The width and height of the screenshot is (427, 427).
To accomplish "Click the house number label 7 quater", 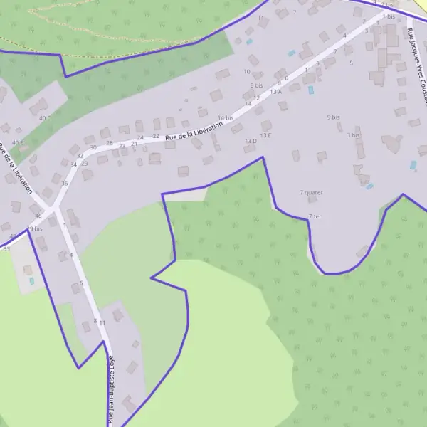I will click(311, 192).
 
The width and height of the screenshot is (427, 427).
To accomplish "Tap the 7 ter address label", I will click(315, 216).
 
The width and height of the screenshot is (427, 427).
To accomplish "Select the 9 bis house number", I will click(333, 117).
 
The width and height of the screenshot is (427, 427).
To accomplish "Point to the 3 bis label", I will click(354, 135).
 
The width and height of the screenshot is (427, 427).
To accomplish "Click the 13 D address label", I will click(251, 141).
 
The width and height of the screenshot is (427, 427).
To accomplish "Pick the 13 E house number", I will click(265, 135).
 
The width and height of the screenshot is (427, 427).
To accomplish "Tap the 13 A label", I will click(275, 91).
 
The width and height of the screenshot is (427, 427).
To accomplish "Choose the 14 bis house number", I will click(225, 117).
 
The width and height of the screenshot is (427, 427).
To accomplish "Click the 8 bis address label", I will click(256, 85).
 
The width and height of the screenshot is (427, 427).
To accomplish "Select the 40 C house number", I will click(45, 118).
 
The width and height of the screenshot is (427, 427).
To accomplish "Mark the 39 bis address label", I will click(35, 229).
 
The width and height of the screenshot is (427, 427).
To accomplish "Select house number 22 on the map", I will click(156, 136).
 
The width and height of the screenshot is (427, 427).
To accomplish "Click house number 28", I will click(110, 143).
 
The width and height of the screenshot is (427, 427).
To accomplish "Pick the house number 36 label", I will click(65, 184).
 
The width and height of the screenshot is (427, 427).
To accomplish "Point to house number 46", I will click(38, 215).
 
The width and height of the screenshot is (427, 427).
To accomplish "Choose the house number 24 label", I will click(140, 137).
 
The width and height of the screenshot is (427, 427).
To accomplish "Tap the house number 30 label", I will click(93, 147).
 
